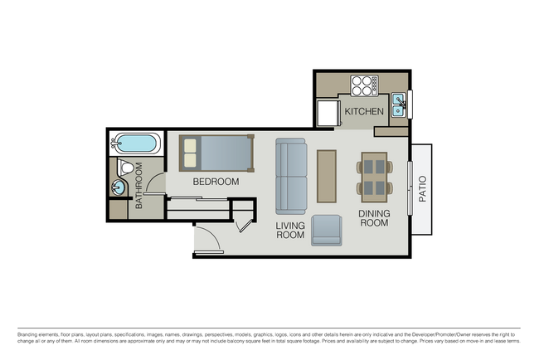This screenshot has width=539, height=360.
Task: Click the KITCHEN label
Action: tap(364, 111)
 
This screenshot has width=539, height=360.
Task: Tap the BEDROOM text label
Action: tap(216, 182)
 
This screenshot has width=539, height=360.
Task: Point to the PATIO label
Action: tap(422, 188)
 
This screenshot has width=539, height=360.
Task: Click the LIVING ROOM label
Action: tap(290, 230)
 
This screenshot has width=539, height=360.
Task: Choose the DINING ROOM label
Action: tap(373, 218)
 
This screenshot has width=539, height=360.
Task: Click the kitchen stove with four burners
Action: tap(363, 85)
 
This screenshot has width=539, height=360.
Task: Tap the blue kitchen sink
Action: tap(398, 104)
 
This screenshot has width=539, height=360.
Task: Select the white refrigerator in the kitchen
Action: tap(325, 113)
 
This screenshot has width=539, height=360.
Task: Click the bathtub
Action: tap(134, 144)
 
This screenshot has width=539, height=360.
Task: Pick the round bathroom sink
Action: tap(118, 188)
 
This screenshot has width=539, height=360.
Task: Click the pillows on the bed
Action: tap(191, 153)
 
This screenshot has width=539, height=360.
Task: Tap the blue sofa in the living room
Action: tap(291, 175)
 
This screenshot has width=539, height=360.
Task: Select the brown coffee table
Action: tap(327, 176)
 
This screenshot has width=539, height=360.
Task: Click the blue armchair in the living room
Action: tap(326, 230)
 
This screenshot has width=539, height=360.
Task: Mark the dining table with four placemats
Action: tap(375, 176)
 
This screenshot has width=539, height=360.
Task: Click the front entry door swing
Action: tap(207, 240)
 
